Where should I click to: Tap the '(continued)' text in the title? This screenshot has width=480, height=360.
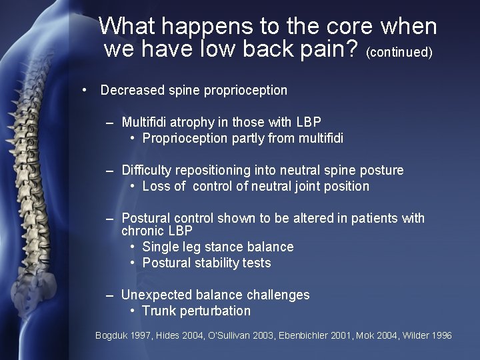[x=399, y=51]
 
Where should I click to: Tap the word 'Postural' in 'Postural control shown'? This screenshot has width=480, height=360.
[x=146, y=218]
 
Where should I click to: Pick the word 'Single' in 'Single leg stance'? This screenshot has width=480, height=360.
[x=160, y=247]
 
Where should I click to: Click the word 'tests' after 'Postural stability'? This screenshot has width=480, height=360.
[x=257, y=263]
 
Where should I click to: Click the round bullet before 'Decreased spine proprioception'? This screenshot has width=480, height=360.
[x=85, y=90]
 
